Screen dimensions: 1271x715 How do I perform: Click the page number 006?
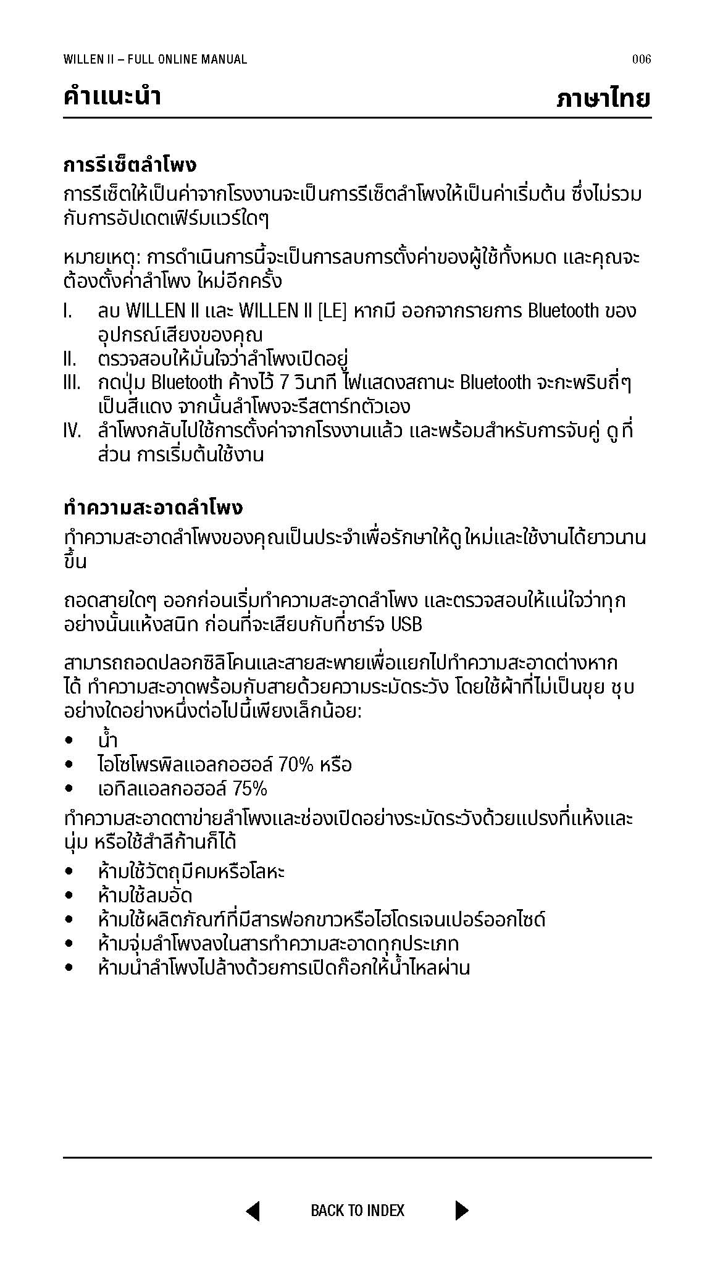pos(642,59)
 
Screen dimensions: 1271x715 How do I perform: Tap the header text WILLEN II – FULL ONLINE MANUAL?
pos(155,59)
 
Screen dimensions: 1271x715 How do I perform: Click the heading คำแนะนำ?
pos(112,97)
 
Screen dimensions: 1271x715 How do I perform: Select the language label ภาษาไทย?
pos(603,98)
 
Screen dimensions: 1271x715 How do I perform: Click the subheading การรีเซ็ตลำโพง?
pos(130,166)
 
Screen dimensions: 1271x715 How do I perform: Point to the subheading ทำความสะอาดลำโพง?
pos(153,508)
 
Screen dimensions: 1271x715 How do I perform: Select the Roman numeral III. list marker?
pos(72,383)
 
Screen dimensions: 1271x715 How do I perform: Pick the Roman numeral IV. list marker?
pos(72,431)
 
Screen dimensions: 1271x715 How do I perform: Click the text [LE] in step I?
pos(332,311)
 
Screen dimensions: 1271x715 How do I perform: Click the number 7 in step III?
pos(284,383)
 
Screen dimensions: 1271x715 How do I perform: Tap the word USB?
pos(407,625)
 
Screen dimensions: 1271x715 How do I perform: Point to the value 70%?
pos(296,765)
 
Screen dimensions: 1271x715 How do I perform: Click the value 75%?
pos(250,789)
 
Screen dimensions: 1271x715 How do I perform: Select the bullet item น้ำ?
pos(107,740)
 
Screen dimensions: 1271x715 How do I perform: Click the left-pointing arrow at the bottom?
pos(253,1210)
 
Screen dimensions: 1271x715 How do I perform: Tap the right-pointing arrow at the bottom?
pos(461,1210)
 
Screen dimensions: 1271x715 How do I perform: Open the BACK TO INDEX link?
pos(357,1210)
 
